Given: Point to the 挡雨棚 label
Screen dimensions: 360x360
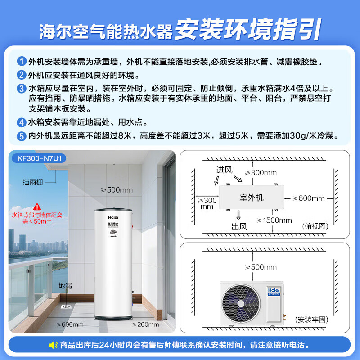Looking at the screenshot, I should click(33, 182).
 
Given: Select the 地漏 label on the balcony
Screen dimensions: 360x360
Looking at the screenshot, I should click(65, 285).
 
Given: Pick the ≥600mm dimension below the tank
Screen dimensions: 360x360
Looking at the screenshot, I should click(70, 324).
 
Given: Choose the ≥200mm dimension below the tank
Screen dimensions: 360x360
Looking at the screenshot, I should click(146, 324).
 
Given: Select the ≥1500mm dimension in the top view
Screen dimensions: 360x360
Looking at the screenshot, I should click(274, 220).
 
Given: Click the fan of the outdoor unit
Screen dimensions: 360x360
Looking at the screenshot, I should click(240, 301).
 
